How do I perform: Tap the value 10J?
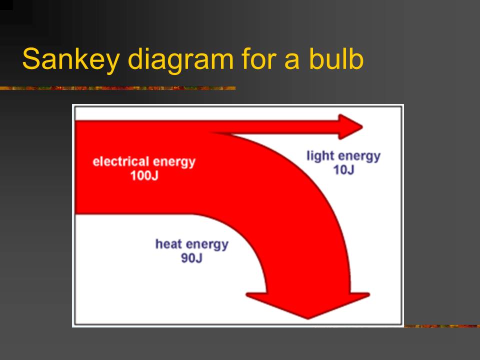(x=343, y=170)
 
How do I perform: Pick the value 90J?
(x=191, y=258)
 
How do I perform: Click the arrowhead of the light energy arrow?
(x=350, y=127)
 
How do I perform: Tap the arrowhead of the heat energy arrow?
(x=308, y=305)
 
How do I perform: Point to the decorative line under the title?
(x=117, y=88)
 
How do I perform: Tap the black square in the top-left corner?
(x=6, y=4)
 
